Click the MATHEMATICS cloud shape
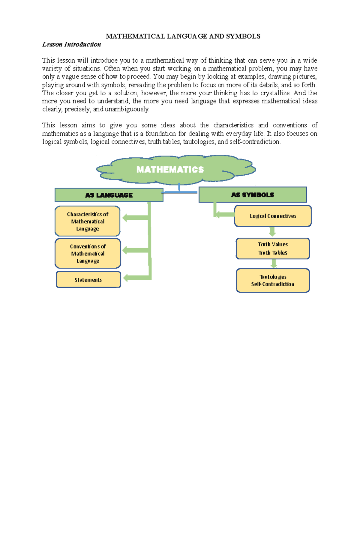pyautogui.click(x=175, y=169)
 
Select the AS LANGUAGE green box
pyautogui.click(x=109, y=195)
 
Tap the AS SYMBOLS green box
pyautogui.click(x=253, y=195)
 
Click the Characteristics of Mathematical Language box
pyautogui.click(x=88, y=221)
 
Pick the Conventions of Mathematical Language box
pyautogui.click(x=88, y=254)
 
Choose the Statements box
pyautogui.click(x=88, y=280)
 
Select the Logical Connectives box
pyautogui.click(x=273, y=216)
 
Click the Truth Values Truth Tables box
pyautogui.click(x=273, y=248)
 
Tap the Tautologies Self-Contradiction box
pyautogui.click(x=273, y=281)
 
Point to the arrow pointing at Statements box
pyautogui.click(x=136, y=278)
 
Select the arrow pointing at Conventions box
pyautogui.click(x=136, y=250)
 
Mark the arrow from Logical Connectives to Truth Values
pyautogui.click(x=272, y=232)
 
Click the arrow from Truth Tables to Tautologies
pyautogui.click(x=274, y=264)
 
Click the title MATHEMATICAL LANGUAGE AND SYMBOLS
pyautogui.click(x=183, y=36)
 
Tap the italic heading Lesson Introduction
pyautogui.click(x=71, y=44)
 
